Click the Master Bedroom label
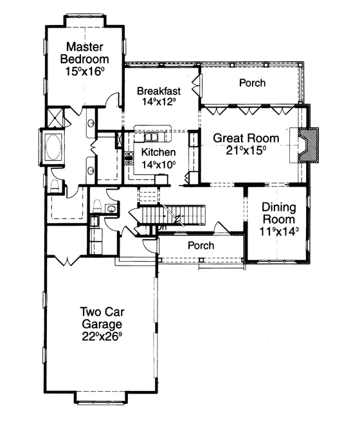(x=85, y=53)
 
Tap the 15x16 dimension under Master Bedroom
(x=85, y=71)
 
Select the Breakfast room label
(x=159, y=91)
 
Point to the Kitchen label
(x=158, y=152)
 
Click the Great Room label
(x=246, y=138)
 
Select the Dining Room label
(x=278, y=213)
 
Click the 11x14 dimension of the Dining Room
(x=278, y=232)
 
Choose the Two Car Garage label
(x=102, y=318)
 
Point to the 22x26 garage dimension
(x=102, y=336)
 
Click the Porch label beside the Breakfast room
(x=252, y=83)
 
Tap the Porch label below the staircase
(x=201, y=246)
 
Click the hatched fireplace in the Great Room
(x=309, y=145)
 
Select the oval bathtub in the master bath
(x=53, y=147)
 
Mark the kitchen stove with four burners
(x=129, y=158)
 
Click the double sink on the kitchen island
(x=152, y=137)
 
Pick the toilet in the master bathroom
(x=55, y=186)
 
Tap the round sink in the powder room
(x=111, y=209)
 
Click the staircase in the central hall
(x=172, y=215)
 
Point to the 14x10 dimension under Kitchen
(x=158, y=165)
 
